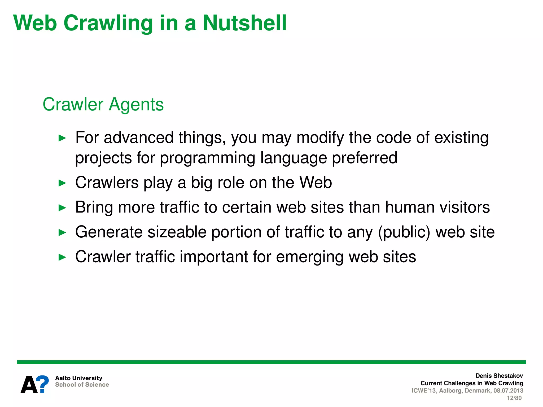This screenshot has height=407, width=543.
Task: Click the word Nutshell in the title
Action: [x=244, y=23]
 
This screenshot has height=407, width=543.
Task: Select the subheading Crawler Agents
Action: [x=103, y=104]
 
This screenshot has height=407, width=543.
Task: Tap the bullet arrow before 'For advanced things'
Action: [x=62, y=138]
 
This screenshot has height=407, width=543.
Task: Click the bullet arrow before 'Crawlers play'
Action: [x=62, y=183]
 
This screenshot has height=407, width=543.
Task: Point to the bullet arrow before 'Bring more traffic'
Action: [x=62, y=208]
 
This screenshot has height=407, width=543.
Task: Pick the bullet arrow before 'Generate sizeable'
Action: [x=62, y=233]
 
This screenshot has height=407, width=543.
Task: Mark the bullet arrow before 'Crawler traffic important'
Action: [x=62, y=257]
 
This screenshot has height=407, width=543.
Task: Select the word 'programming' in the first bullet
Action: [x=208, y=158]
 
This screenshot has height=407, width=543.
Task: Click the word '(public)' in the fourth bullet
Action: [x=404, y=232]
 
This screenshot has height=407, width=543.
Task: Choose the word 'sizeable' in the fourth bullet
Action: [x=177, y=232]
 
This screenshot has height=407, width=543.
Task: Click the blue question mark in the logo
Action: [x=42, y=384]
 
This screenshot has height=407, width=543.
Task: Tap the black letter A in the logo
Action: [x=29, y=385]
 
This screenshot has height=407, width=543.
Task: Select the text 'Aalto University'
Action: [x=79, y=378]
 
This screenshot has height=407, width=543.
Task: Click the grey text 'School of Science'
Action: [x=82, y=385]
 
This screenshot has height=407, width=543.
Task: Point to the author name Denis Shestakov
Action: [x=499, y=376]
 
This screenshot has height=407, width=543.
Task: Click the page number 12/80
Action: [x=514, y=398]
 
